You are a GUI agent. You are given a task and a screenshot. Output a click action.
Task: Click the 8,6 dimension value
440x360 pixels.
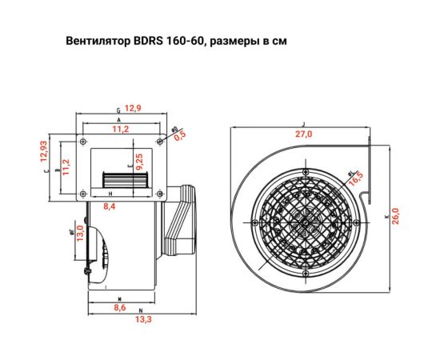[120, 306]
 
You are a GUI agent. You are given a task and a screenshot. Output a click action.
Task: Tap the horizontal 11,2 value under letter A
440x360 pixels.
[121, 128]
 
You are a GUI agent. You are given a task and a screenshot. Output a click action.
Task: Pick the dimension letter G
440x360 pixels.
[118, 109]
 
